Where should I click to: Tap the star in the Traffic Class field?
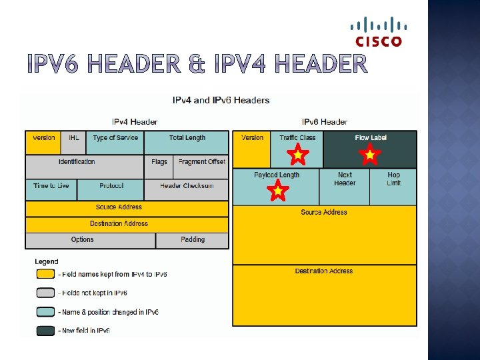[298, 156]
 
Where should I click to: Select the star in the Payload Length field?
[277, 191]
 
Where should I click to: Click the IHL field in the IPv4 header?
[73, 142]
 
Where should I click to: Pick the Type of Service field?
[116, 142]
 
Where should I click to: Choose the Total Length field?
[187, 142]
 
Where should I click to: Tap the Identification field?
[84, 166]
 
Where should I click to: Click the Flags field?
[159, 166]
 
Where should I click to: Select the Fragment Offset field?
[201, 166]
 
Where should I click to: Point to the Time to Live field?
[51, 189]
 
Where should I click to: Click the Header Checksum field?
[187, 189]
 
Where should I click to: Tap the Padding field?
[193, 240]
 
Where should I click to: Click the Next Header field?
[344, 186]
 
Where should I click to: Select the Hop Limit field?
[393, 186]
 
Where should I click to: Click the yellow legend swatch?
[45, 274]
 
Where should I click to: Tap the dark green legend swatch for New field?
[45, 331]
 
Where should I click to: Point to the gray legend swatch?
[45, 293]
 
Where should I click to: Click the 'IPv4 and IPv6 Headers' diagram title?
[221, 101]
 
